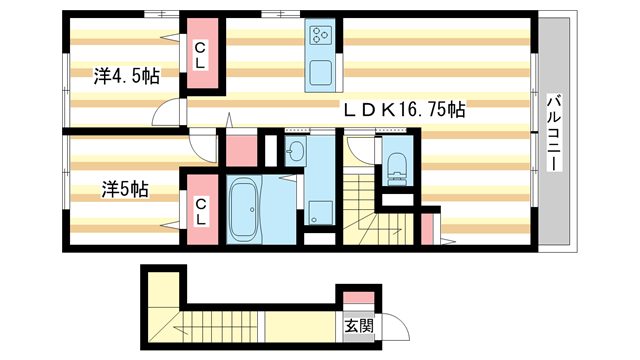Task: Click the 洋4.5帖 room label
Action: tap(128, 75)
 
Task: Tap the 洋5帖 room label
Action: tap(124, 188)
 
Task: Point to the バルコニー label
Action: tap(552, 131)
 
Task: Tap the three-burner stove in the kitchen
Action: tap(322, 37)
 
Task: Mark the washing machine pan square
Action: tap(320, 211)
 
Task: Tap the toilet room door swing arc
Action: tap(358, 150)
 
